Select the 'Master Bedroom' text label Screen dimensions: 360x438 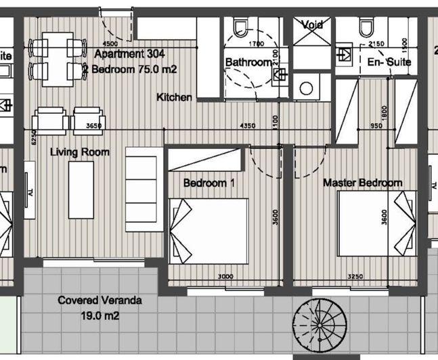[362, 183]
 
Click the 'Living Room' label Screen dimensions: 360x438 [80, 152]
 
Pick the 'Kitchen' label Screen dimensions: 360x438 [174, 97]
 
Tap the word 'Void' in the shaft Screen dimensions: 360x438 [312, 24]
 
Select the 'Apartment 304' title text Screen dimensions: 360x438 [129, 53]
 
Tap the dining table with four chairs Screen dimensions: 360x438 [57, 60]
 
